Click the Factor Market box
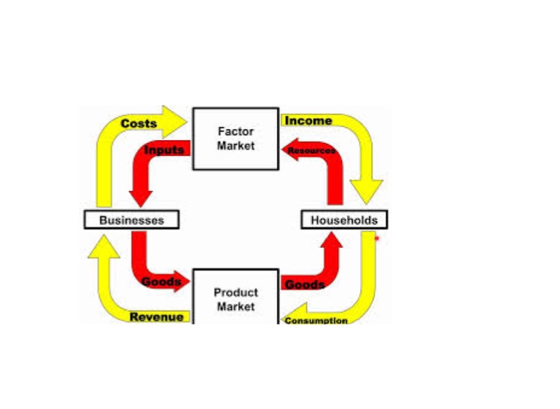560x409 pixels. point(236,139)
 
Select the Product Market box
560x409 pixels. point(236,299)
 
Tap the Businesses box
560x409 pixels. point(131,219)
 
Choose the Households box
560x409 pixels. point(344,219)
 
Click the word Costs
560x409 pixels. point(139,124)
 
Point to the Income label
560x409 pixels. point(308,121)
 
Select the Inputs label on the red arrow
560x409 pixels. point(164,150)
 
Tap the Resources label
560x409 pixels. point(311,151)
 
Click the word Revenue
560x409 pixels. point(157,317)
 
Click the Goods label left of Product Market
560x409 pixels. point(161,282)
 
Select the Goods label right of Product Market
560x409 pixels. point(304,284)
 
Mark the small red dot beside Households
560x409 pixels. point(377,238)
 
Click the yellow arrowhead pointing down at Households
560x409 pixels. point(367,192)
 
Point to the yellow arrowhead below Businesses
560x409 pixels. point(104,249)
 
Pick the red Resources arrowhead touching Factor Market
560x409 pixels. point(287,149)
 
